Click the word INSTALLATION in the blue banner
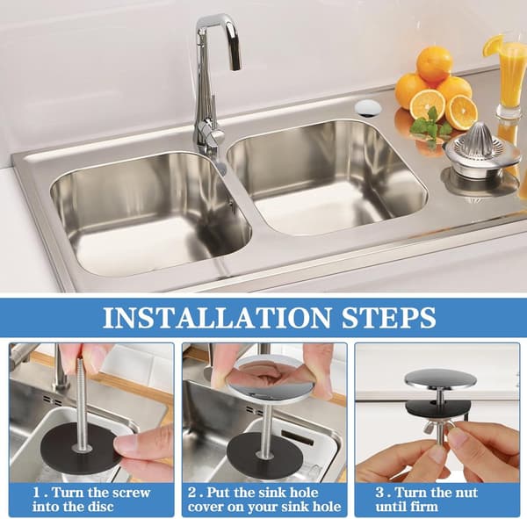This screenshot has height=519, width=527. point(217,317)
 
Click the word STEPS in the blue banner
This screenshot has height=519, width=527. point(389,317)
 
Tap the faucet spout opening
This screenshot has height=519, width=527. point(235,68)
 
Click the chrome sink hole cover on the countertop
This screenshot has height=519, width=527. point(368,108)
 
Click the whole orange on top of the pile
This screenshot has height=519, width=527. point(434,64)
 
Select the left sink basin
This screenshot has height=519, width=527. point(150,213)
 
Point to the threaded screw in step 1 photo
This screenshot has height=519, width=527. point(82,403)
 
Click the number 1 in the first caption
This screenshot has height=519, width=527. point(37,494)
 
